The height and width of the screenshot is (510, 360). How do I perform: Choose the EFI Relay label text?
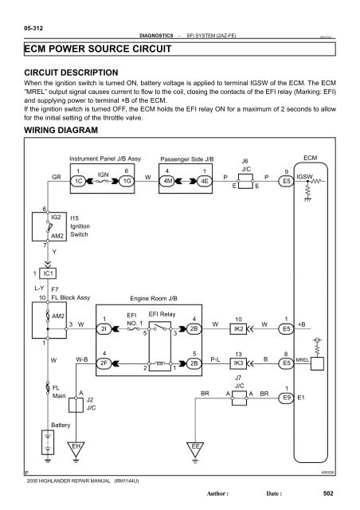coord(162,314)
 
